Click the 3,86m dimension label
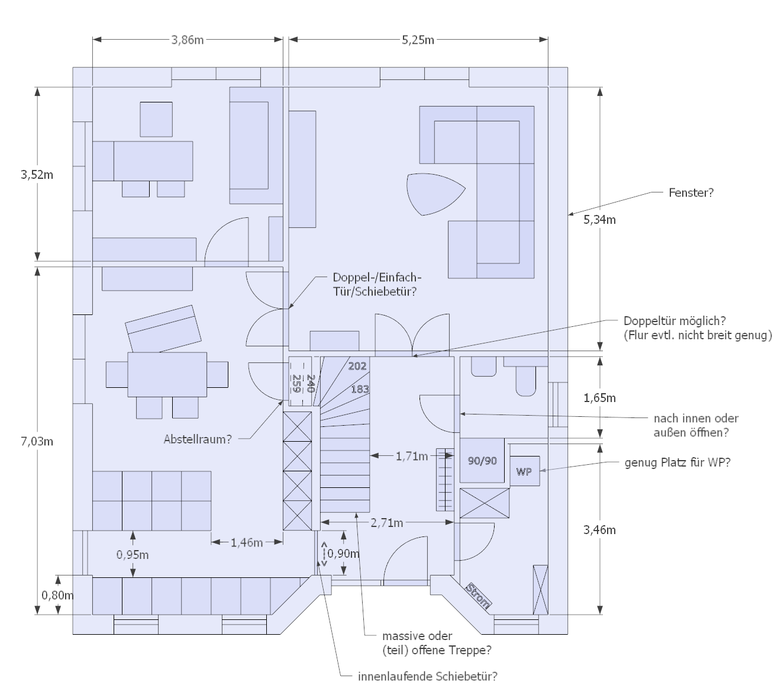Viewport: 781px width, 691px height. (187, 40)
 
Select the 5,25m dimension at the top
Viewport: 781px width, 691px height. (418, 40)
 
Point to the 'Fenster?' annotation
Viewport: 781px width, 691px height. (690, 192)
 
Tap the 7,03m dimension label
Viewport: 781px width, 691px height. (37, 441)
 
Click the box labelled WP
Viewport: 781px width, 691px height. (524, 471)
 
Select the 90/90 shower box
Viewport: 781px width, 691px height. (482, 460)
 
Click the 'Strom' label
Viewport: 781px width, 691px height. (478, 596)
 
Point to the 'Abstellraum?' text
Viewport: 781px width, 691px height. (197, 439)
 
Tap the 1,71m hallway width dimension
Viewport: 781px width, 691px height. (411, 456)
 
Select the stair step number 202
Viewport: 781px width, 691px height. (357, 366)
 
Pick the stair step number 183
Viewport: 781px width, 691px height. (360, 389)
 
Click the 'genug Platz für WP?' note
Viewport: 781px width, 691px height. (677, 462)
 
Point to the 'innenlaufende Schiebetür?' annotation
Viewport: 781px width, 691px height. (427, 676)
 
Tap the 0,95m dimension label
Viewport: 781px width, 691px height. (133, 555)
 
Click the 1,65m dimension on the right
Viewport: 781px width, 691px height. (599, 398)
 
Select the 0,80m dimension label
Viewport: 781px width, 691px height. (57, 595)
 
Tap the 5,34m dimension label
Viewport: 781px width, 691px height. (599, 220)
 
